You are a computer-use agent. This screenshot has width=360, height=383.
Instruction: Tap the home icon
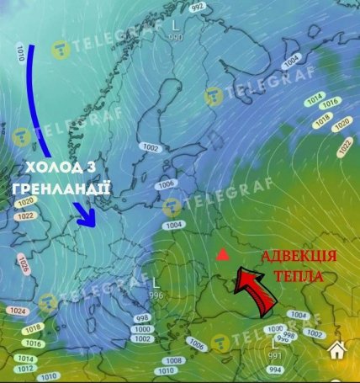click(337, 350)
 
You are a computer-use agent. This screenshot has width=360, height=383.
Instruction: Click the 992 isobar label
click(198, 7)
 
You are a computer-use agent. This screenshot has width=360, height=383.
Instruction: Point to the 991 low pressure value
click(274, 355)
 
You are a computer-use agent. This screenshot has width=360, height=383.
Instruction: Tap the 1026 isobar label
click(23, 268)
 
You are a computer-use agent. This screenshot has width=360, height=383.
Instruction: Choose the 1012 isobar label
click(25, 368)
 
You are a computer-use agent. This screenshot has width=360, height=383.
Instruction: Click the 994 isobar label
click(276, 370)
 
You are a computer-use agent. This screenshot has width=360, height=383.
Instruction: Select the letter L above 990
click(174, 27)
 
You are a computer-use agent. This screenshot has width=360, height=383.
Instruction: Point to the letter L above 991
click(274, 344)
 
